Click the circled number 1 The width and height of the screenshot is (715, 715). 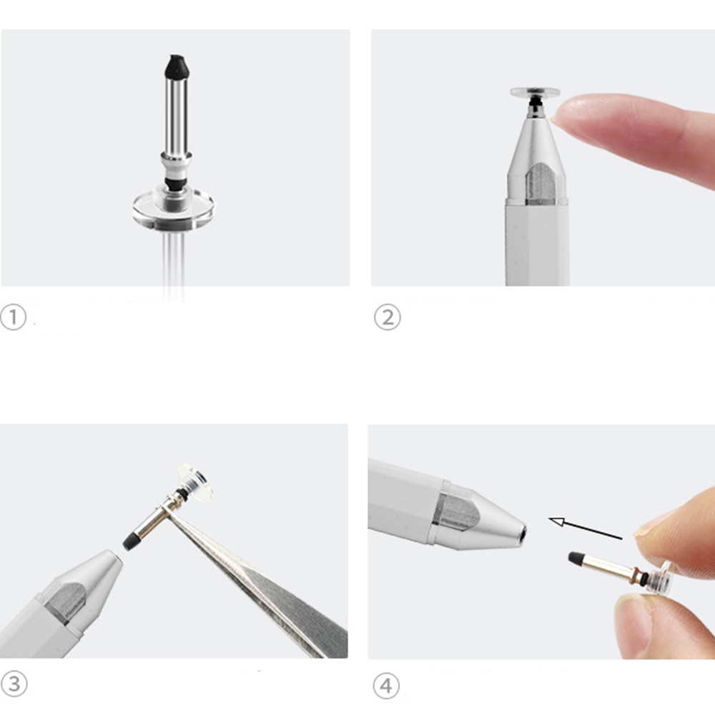(13, 317)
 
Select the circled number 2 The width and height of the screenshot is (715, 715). (387, 317)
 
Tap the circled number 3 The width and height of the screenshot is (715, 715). (14, 684)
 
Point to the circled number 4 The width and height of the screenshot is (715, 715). (386, 686)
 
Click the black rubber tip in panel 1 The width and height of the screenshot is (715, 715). (177, 66)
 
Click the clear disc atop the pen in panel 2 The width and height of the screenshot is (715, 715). (535, 92)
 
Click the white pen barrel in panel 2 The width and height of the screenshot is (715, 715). (537, 244)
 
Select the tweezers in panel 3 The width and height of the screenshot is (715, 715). (255, 579)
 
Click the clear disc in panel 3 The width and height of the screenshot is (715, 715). (195, 483)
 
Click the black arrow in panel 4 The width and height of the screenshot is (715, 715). (585, 529)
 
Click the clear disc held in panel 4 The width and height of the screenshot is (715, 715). (661, 577)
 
